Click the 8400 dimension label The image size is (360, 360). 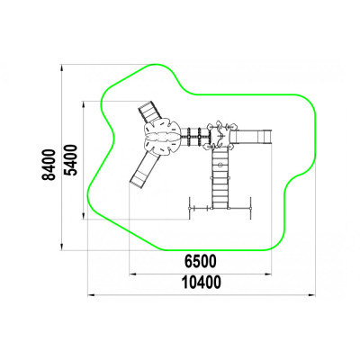[49, 165]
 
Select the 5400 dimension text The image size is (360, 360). [71, 159]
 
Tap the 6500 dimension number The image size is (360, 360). [200, 261]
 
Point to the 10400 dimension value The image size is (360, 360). [202, 283]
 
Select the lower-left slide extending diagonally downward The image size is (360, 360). [145, 169]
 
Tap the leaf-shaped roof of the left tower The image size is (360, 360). [162, 137]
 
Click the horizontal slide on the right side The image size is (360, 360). [251, 137]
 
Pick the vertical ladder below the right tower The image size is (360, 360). [220, 178]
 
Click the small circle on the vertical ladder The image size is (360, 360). [220, 164]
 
